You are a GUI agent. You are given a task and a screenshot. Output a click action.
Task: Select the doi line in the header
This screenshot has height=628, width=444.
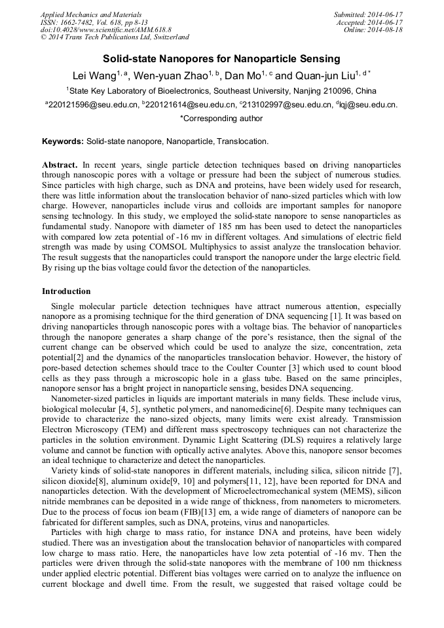coord(106,30)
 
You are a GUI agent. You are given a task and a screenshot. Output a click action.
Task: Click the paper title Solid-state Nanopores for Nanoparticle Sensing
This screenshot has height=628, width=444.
coord(221,59)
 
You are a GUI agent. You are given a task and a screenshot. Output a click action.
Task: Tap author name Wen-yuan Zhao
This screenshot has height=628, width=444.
coord(170,75)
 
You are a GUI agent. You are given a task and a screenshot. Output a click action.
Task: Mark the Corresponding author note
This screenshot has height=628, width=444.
coord(221,119)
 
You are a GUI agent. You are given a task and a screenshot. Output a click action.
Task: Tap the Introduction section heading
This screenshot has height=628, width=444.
coord(66,291)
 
